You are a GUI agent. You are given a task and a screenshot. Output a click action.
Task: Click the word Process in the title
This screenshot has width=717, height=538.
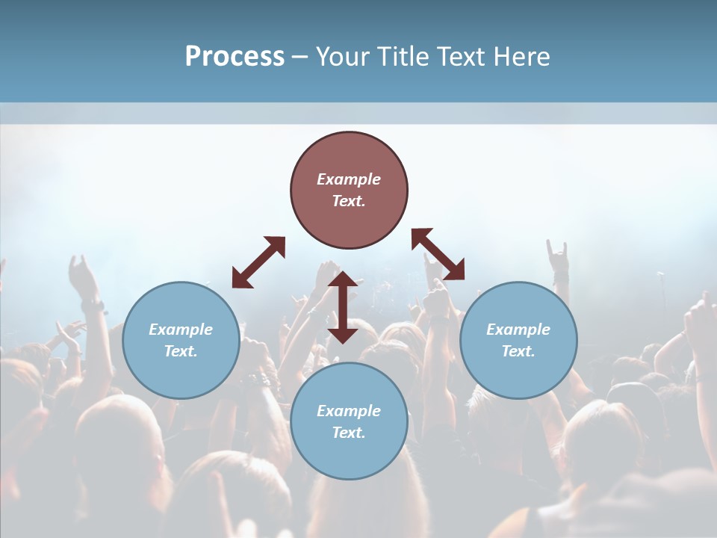(x=235, y=57)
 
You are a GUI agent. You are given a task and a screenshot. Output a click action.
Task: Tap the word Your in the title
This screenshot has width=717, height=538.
(x=345, y=57)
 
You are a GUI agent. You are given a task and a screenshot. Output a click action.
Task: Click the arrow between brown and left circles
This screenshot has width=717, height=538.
(x=258, y=262)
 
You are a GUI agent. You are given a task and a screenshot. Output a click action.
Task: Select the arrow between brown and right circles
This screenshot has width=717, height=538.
(x=438, y=254)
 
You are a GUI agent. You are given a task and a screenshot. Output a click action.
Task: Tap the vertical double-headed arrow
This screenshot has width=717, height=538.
(x=343, y=307)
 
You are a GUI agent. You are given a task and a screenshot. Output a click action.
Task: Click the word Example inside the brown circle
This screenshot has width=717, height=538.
(x=349, y=179)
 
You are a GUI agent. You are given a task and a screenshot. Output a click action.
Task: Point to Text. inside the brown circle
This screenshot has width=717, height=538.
(x=349, y=201)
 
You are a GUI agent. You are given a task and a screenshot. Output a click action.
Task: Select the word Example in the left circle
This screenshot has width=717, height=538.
(x=181, y=330)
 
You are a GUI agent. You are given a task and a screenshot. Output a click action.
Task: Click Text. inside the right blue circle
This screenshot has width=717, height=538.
(x=518, y=351)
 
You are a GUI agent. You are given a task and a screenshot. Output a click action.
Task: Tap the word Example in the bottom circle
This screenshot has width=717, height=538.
(x=349, y=411)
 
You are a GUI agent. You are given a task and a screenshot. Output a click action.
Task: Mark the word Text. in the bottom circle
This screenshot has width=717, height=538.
(x=349, y=433)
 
